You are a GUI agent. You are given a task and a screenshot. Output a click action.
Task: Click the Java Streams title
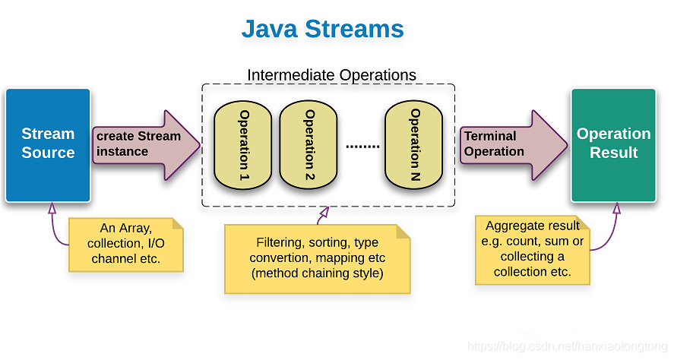point(322,29)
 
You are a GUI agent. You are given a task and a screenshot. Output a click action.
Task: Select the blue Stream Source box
point(48,144)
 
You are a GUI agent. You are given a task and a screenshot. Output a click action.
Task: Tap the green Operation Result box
point(613,144)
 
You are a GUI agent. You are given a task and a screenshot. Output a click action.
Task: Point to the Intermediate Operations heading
point(331,75)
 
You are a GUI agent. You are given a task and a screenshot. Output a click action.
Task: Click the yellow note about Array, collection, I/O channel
point(125,245)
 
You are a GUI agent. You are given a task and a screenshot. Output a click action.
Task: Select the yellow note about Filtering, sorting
point(317,259)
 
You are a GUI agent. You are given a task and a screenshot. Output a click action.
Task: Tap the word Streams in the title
point(354,29)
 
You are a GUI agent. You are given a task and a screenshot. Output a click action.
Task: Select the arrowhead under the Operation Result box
point(613,207)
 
